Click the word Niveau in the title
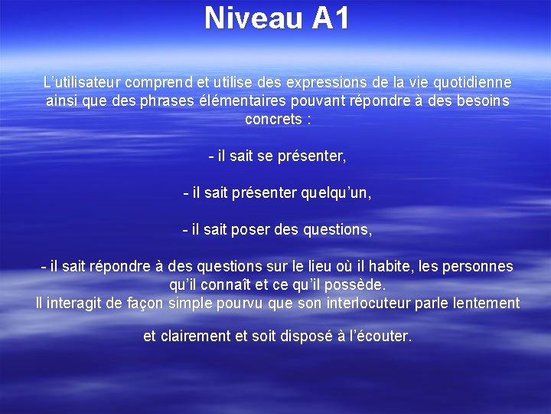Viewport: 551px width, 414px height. click(253, 18)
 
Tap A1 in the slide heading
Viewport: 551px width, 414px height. click(330, 18)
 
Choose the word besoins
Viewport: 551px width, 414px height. click(481, 100)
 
